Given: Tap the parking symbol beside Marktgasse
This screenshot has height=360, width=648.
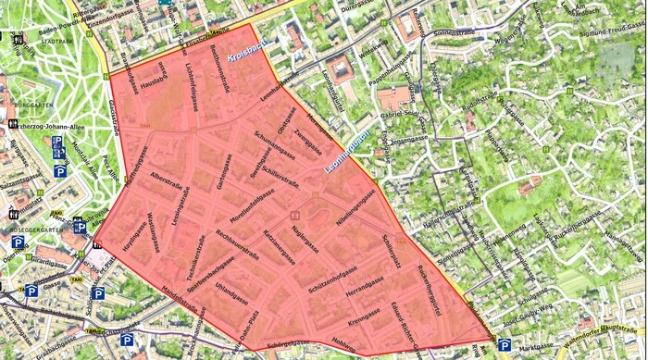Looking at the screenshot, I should (505, 345).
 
